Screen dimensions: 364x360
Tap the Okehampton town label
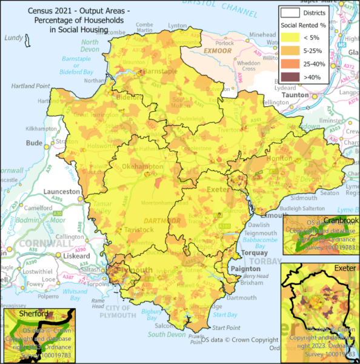[x=142, y=166]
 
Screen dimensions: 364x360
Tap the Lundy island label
[x=13, y=38]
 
